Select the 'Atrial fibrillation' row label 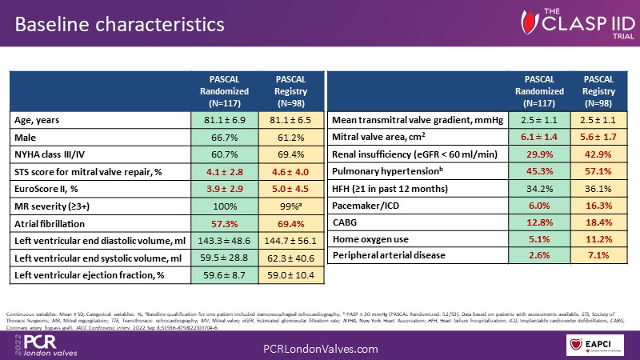click(54, 224)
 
